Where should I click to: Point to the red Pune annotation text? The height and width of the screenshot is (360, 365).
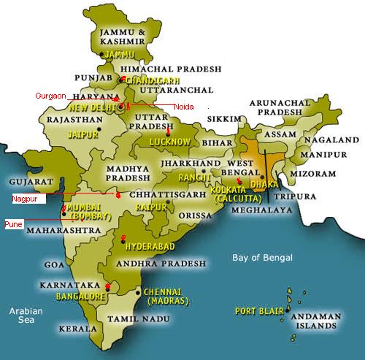tap(15, 223)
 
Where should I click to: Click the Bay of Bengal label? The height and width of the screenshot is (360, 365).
tap(262, 258)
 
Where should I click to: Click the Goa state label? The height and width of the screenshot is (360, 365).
tap(55, 264)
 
